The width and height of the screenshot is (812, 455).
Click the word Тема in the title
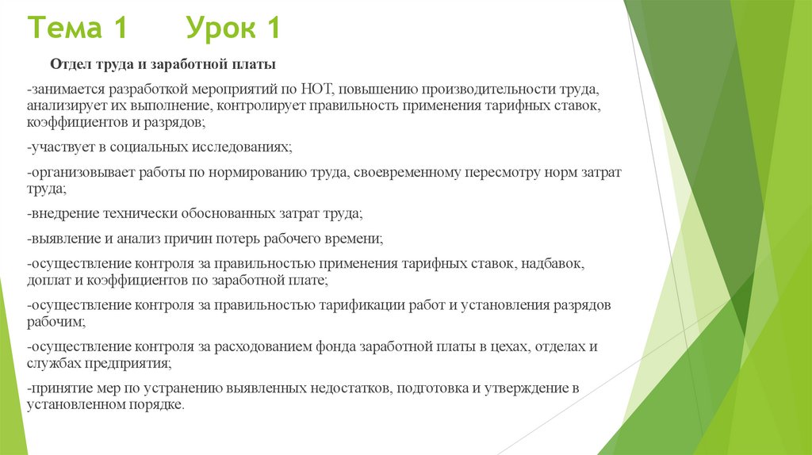(x=65, y=29)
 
